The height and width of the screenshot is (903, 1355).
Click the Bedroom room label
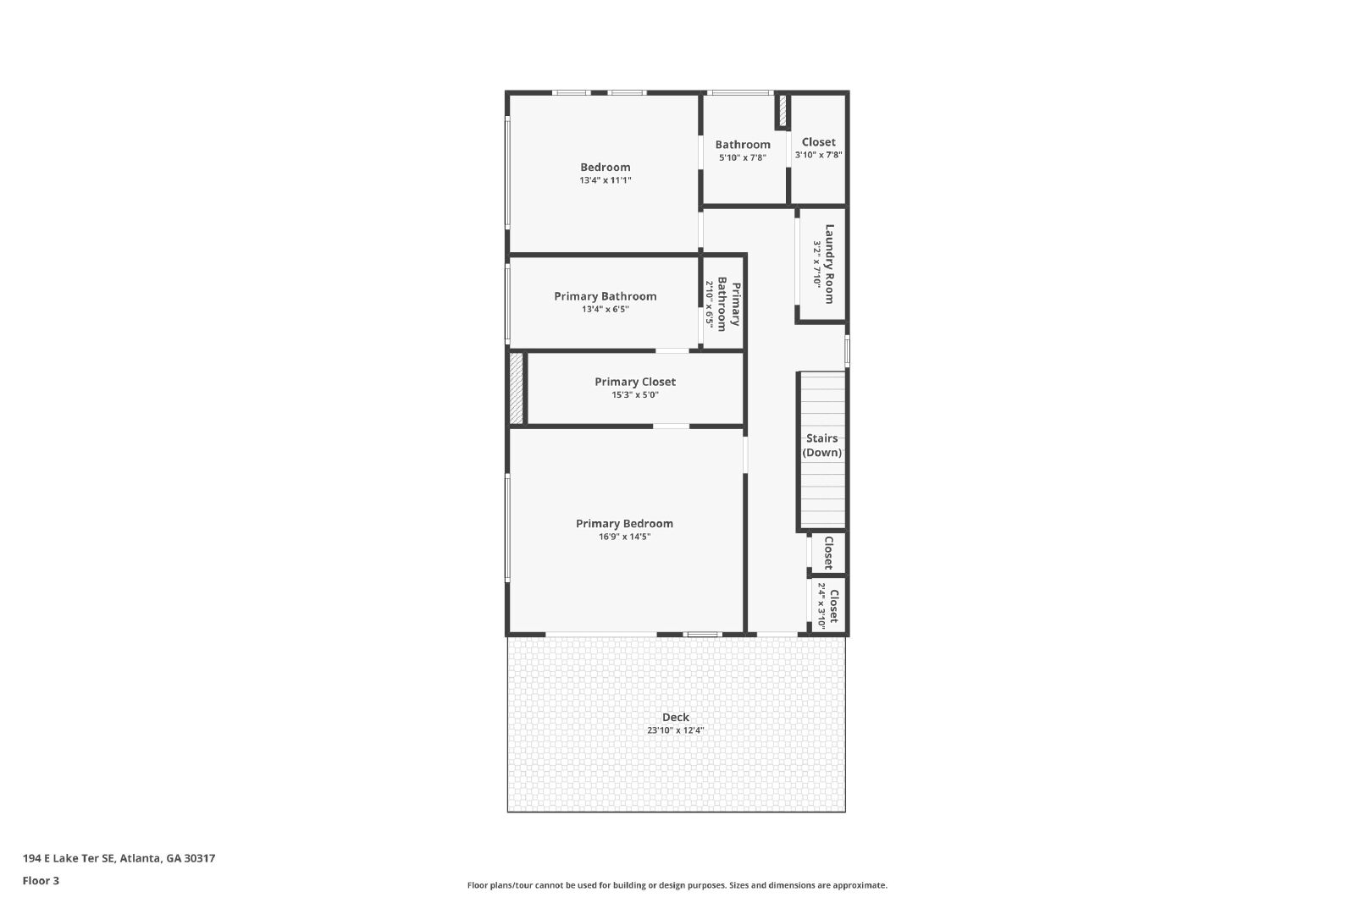pos(605,167)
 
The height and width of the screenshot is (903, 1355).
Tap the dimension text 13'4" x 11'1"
pos(605,180)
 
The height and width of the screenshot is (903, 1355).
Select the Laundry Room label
pos(829,263)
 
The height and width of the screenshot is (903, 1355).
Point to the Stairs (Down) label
pos(822,445)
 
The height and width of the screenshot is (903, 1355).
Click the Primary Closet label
pos(635,382)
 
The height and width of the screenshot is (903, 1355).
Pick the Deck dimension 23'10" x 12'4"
pos(676,730)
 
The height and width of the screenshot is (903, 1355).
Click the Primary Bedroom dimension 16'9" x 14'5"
pos(624,537)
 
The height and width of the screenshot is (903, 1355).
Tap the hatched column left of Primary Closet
pos(516,388)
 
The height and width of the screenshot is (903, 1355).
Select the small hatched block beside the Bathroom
pos(783,111)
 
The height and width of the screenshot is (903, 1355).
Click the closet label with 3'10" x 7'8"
pos(818,142)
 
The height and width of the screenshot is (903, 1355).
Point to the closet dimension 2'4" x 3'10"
pos(821,606)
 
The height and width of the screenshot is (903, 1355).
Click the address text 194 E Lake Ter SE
pos(69,858)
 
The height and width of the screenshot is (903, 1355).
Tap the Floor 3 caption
pos(41,881)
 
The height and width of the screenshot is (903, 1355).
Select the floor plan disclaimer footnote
pos(677,885)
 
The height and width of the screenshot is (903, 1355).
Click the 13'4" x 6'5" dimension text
pos(606,310)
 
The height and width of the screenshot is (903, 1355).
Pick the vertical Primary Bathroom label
pos(728,304)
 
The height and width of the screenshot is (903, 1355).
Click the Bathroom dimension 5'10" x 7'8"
pos(743,157)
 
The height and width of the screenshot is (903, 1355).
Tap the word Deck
pos(676,717)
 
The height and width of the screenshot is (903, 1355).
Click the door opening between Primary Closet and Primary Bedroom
pos(671,427)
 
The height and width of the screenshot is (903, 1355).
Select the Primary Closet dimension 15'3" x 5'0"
pos(635,395)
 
